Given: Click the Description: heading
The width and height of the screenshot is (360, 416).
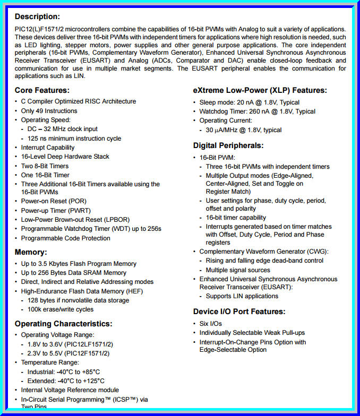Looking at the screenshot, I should tap(37, 16).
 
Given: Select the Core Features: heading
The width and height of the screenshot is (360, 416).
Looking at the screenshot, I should tap(42, 90).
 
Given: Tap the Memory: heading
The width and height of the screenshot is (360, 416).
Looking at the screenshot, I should tap(31, 252).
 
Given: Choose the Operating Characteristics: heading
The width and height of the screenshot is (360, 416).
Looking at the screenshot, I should tap(63, 324).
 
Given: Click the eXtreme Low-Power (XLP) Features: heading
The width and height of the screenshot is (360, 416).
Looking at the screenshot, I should tap(260, 90).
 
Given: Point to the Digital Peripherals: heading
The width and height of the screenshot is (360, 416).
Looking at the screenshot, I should tap(228, 145).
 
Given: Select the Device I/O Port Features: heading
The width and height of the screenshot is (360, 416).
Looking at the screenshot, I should tap(239, 311).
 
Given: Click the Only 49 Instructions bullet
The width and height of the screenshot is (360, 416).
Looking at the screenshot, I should tap(49, 111).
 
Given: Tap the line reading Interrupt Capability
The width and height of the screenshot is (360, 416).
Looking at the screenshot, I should tap(48, 148).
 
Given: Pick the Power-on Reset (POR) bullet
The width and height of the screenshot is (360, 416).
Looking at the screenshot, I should tap(54, 201).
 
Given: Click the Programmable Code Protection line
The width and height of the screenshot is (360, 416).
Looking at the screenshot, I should tap(66, 238).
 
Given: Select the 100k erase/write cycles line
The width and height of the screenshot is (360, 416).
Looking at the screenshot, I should tap(61, 309).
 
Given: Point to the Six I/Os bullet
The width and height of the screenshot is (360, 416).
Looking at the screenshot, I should tap(211, 324).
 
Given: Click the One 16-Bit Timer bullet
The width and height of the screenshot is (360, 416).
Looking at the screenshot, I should tap(45, 175).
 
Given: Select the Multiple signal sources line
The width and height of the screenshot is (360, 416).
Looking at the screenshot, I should tap(238, 270).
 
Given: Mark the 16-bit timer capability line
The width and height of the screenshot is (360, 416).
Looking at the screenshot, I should tap(236, 218).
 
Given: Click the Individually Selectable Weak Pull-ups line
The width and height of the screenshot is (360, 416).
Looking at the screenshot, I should tap(252, 333).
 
